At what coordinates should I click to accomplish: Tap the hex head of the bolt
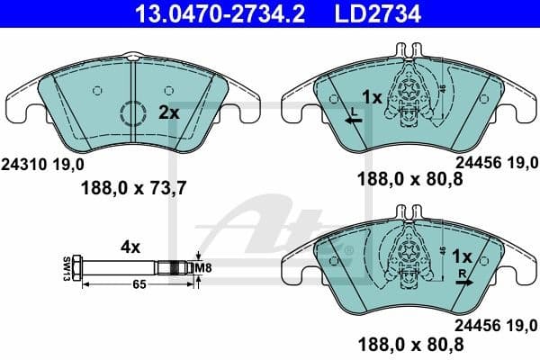click(80, 268)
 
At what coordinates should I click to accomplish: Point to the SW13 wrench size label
click(67, 268)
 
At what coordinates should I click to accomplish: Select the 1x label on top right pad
click(371, 96)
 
